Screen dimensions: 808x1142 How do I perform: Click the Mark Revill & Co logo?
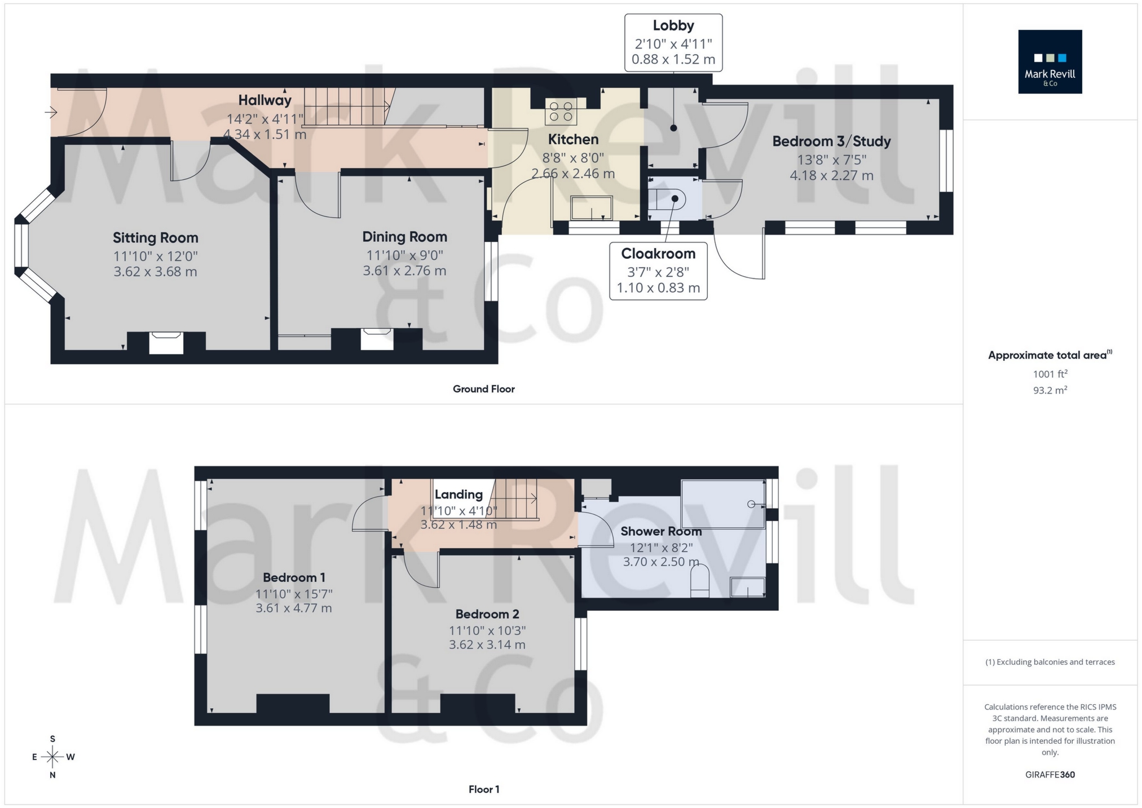click(x=1050, y=61)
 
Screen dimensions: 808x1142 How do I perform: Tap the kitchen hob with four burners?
click(x=561, y=111)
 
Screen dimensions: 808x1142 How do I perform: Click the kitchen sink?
click(x=591, y=207)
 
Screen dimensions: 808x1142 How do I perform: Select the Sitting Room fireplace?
click(x=166, y=343)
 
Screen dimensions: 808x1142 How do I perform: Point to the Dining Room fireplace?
click(x=377, y=339)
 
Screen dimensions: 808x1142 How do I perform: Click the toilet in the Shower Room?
click(x=699, y=581)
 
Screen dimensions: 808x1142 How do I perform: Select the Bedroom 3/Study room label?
click(x=831, y=142)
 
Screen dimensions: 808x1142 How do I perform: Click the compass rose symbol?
click(x=52, y=757)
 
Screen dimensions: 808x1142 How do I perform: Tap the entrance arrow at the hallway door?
click(x=51, y=113)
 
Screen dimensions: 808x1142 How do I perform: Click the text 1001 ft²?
click(x=1050, y=374)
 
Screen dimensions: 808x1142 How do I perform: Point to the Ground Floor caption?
click(x=483, y=389)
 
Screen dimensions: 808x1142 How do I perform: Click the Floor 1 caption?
click(x=483, y=789)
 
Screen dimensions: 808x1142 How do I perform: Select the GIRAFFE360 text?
click(x=1050, y=775)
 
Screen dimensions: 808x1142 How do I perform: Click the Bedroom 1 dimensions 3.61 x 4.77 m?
click(x=293, y=608)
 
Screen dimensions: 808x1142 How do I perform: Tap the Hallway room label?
click(x=264, y=100)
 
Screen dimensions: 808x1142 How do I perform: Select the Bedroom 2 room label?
click(x=487, y=614)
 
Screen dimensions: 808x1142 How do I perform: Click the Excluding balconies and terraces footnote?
click(x=1050, y=662)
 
